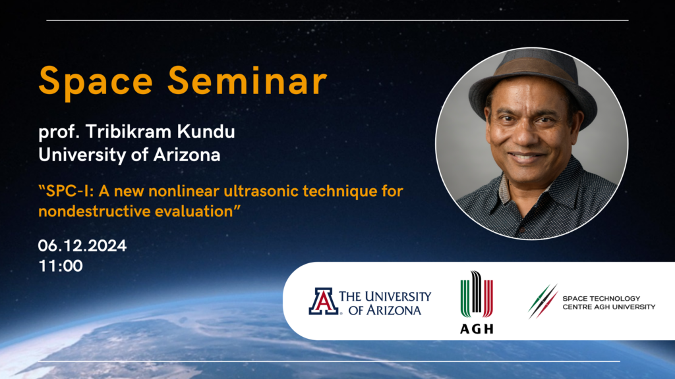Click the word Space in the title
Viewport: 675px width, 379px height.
tap(96, 82)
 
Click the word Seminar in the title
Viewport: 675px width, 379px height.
tap(248, 80)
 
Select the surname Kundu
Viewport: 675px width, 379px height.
tap(206, 132)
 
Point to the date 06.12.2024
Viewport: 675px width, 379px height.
tap(82, 246)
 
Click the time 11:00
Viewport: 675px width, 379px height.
tap(61, 266)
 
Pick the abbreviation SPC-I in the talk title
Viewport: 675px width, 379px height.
tap(70, 191)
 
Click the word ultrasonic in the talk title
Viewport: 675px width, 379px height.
tap(262, 191)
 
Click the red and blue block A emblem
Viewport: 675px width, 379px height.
tap(323, 301)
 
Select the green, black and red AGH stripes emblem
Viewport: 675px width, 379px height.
tap(477, 294)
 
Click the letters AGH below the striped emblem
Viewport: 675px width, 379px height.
tap(477, 329)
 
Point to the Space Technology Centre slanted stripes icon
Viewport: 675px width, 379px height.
tap(543, 301)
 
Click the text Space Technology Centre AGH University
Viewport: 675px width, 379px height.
tap(608, 303)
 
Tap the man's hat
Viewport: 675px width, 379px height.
tap(533, 84)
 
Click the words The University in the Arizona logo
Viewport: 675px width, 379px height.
tap(385, 297)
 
